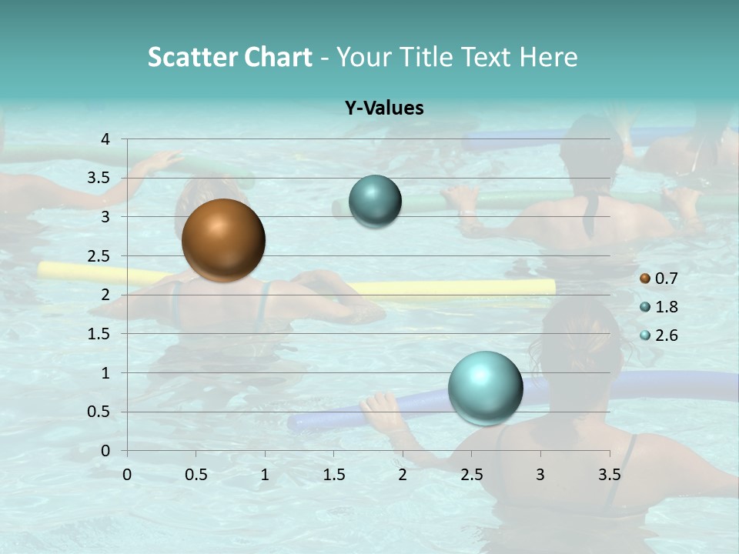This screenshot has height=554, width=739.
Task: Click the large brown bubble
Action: [x=223, y=240]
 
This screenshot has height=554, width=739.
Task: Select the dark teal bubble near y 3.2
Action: [x=375, y=201]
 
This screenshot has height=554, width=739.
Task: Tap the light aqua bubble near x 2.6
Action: [x=485, y=388]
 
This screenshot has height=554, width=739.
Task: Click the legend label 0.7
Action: [x=667, y=279]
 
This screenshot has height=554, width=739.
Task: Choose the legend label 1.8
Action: [x=667, y=307]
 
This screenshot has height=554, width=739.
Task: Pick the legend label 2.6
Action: [x=667, y=335]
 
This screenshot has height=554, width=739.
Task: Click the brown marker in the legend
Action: [x=645, y=279]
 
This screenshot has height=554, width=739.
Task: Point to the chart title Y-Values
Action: [x=384, y=108]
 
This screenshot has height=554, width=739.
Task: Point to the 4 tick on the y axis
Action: [x=105, y=139]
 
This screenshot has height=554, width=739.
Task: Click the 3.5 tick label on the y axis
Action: [x=99, y=178]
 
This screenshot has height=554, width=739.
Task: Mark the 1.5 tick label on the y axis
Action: [x=99, y=334]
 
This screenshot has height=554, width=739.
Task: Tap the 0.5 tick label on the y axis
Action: [x=99, y=412]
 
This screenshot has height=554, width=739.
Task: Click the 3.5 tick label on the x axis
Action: [x=609, y=475]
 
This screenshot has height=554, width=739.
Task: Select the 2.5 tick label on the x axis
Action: [x=471, y=475]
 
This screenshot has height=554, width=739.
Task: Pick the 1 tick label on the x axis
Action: [x=265, y=475]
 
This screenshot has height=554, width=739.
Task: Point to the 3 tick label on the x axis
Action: [x=540, y=475]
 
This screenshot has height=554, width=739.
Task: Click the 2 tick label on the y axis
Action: [x=105, y=295]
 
